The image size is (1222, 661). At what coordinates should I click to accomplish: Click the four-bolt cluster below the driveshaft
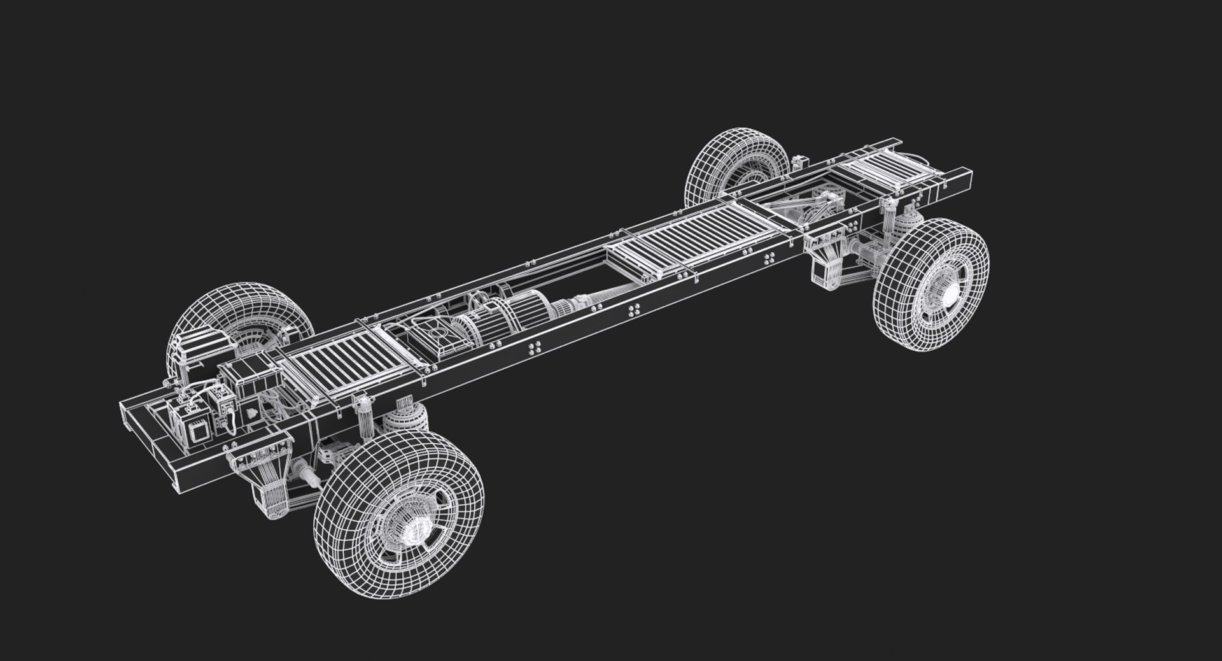[x=634, y=311]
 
